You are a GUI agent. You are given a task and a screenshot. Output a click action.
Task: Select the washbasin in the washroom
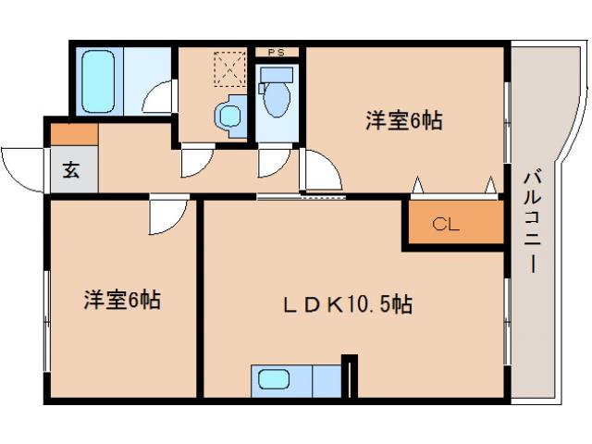(x=228, y=117)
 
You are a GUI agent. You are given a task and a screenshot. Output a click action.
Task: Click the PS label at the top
(x=277, y=53)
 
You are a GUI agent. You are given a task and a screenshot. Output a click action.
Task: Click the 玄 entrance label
(x=70, y=170)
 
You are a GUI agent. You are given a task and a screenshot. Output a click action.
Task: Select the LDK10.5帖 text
(x=347, y=304)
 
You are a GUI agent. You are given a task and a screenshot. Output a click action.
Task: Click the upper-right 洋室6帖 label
(x=402, y=120)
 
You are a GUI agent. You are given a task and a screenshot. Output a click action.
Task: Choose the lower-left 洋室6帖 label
(x=122, y=300)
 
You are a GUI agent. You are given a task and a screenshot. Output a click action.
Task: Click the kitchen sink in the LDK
(x=274, y=379)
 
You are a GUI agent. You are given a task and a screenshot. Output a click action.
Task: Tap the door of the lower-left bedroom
(x=166, y=216)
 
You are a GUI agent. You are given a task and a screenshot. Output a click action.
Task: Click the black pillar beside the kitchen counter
(x=348, y=376)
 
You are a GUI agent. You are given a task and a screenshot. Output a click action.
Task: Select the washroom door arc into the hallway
(x=195, y=161)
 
